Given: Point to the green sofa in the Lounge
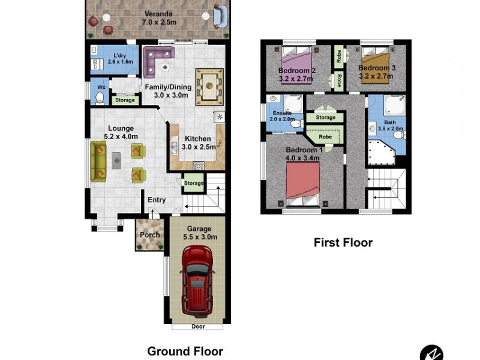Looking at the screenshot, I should coord(99,160).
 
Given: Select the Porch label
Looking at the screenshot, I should coord(150,235).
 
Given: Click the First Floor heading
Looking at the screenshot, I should coord(343,242).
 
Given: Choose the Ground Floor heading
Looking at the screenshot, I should coord(185,352).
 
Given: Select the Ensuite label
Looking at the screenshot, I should coord(282,113).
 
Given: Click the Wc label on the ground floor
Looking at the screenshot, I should coord(101,87).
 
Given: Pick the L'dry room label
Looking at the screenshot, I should coord(114,56).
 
